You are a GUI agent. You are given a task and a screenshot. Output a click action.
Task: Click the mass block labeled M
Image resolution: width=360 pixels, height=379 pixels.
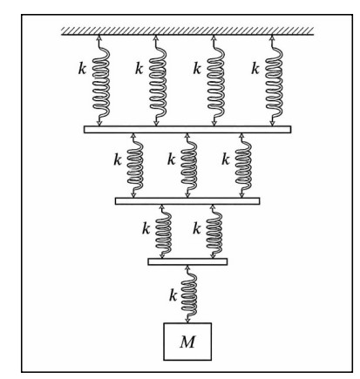(187, 342)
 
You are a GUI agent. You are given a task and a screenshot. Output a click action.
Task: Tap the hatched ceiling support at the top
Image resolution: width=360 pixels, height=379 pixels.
(187, 30)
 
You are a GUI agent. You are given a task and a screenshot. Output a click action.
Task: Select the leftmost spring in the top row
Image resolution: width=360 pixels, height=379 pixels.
(100, 81)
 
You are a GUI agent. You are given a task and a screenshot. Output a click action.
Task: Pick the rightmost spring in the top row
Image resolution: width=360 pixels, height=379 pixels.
(274, 81)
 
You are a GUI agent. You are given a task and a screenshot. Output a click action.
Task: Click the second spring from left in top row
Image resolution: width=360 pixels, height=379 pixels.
(158, 81)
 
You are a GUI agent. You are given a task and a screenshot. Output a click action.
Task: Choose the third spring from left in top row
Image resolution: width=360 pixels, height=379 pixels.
(215, 81)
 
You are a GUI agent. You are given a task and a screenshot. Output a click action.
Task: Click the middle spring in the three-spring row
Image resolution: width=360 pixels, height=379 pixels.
(188, 166)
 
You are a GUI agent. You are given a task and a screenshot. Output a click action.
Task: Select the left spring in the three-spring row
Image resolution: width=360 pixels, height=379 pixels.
(134, 166)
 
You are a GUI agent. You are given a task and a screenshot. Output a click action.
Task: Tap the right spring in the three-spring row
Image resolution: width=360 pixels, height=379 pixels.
(243, 166)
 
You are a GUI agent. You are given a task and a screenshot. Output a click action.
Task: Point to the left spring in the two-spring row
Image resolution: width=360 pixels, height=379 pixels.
(163, 232)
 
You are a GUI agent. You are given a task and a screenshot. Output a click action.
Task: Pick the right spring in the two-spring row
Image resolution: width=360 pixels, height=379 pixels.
(214, 232)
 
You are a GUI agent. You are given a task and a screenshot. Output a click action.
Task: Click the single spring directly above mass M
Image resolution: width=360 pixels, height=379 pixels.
(188, 294)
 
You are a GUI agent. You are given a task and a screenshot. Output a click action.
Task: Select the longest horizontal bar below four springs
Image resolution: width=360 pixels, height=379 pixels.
(187, 130)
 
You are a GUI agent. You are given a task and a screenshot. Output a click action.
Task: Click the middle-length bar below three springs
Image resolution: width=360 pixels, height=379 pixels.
(187, 201)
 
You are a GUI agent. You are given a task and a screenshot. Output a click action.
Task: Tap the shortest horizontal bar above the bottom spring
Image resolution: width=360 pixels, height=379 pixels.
(187, 261)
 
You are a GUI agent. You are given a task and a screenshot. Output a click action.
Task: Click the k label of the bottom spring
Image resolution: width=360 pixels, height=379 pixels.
(173, 295)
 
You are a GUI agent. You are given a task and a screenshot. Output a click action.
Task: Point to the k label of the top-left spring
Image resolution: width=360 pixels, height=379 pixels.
(82, 69)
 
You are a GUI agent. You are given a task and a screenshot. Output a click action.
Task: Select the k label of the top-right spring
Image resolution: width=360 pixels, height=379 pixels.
(255, 69)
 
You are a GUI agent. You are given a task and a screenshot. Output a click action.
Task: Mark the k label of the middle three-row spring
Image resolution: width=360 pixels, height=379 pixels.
(172, 159)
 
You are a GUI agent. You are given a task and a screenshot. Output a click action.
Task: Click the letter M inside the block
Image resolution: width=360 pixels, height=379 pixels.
(187, 342)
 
